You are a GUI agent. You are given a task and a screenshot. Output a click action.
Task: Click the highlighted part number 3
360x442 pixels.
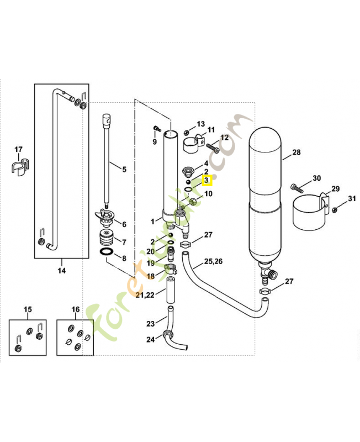[x=207, y=180]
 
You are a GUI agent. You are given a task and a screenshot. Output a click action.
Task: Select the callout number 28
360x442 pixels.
[x=297, y=152]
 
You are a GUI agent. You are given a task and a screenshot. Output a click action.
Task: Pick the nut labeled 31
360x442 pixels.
[x=335, y=209]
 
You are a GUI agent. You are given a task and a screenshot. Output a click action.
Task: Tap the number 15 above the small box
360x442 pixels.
[x=28, y=309]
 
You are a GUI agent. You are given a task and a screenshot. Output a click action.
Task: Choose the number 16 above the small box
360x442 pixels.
[x=76, y=309]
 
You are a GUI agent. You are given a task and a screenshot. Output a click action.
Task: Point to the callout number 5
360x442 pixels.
[x=124, y=169]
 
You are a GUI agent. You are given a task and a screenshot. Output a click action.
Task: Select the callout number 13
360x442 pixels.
[x=200, y=124]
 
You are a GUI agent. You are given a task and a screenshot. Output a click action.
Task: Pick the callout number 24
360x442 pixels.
[x=150, y=340]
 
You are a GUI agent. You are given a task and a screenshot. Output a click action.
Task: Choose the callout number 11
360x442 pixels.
[x=211, y=130]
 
